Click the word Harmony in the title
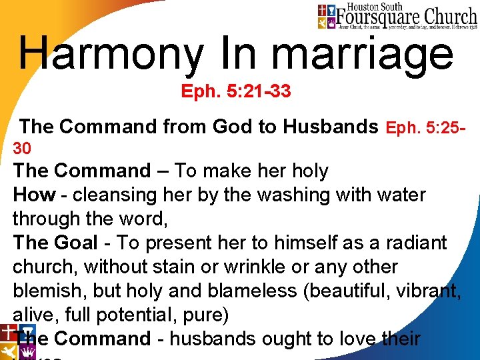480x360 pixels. pyautogui.click(x=111, y=53)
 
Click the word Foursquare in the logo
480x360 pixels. pyautogui.click(x=376, y=14)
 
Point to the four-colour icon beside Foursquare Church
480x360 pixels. pyautogui.click(x=326, y=17)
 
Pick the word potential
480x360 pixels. pyautogui.click(x=135, y=315)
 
